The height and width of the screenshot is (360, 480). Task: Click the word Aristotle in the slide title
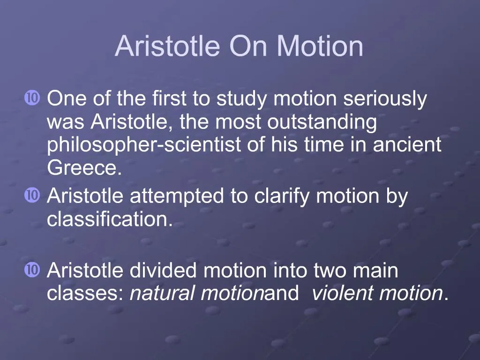(167, 46)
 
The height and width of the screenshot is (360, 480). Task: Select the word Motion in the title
(320, 46)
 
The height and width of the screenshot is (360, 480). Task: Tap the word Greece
(84, 168)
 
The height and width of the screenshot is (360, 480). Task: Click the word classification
(110, 219)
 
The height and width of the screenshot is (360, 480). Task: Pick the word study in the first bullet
(242, 100)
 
